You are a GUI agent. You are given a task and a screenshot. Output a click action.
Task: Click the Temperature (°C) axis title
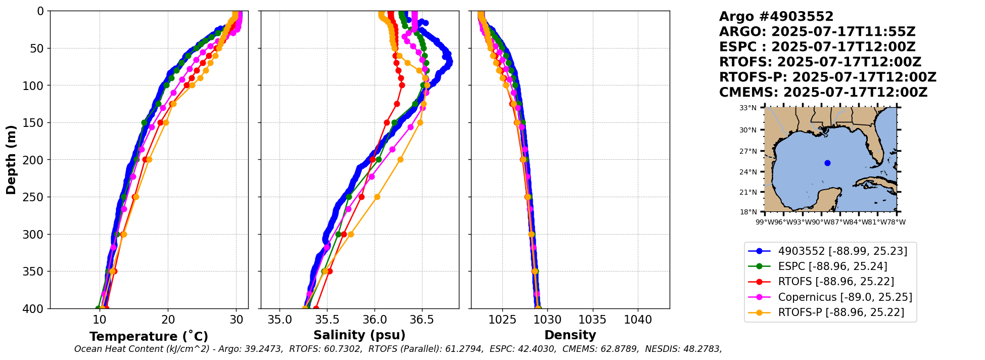[x=149, y=337]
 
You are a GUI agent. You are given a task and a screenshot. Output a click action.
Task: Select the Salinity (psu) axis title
[x=359, y=335]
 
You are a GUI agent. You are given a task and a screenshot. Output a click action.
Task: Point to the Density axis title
[x=570, y=335]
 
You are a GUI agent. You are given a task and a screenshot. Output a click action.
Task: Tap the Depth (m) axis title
[x=11, y=160]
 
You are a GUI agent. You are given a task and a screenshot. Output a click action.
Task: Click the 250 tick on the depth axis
[x=36, y=197]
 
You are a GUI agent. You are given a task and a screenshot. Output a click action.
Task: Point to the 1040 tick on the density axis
[x=638, y=320]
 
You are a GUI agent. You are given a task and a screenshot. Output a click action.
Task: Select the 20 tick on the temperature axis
[x=168, y=320]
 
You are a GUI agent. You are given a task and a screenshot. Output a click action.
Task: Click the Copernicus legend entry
[x=845, y=297]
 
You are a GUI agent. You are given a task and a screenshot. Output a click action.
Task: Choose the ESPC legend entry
[x=832, y=266]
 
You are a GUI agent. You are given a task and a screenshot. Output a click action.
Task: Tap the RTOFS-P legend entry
[x=840, y=312]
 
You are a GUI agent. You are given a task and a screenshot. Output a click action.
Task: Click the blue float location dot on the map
[x=827, y=163]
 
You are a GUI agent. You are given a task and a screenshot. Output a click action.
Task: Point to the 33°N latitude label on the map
[x=748, y=108]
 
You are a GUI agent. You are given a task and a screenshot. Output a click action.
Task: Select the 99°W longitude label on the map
[x=765, y=222]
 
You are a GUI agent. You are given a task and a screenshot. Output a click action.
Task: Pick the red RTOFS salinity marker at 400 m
[x=316, y=308]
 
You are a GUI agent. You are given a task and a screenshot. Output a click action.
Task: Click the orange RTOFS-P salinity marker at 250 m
[x=377, y=197]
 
